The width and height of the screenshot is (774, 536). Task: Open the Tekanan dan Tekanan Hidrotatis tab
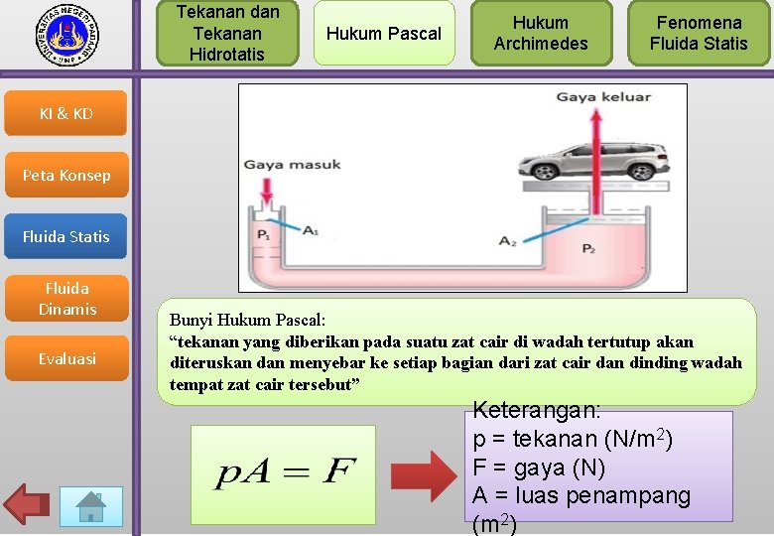coord(227,33)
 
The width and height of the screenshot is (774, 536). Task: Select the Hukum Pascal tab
coord(383,33)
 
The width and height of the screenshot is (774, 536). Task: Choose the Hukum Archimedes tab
coord(541,33)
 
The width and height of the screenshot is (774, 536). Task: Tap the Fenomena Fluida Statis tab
coord(699,33)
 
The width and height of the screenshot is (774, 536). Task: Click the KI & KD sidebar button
coord(65,114)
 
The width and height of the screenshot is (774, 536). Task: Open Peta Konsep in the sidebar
coord(65,176)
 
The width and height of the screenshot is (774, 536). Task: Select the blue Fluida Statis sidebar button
coord(65,236)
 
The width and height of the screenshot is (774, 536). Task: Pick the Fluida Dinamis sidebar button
coord(65,299)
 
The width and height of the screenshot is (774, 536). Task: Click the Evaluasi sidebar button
coord(65,359)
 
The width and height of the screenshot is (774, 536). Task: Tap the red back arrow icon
coord(27,505)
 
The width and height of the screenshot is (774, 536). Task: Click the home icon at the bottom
coord(91,506)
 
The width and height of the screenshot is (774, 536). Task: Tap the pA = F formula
coord(284,473)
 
